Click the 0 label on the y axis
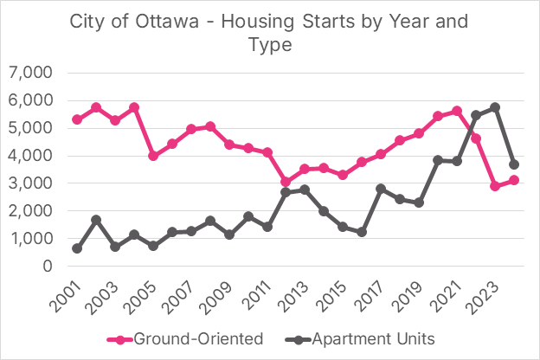[x=45, y=267]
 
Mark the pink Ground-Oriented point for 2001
[x=77, y=119]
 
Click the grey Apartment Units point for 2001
[x=77, y=248]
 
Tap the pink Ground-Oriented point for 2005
[x=153, y=156]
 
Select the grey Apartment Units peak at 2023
[x=495, y=107]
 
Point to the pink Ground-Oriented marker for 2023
[x=495, y=186]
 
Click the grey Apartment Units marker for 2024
[x=514, y=164]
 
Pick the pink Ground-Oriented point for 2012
[x=286, y=182]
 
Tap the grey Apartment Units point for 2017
[x=381, y=189]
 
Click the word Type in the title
[x=270, y=44]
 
